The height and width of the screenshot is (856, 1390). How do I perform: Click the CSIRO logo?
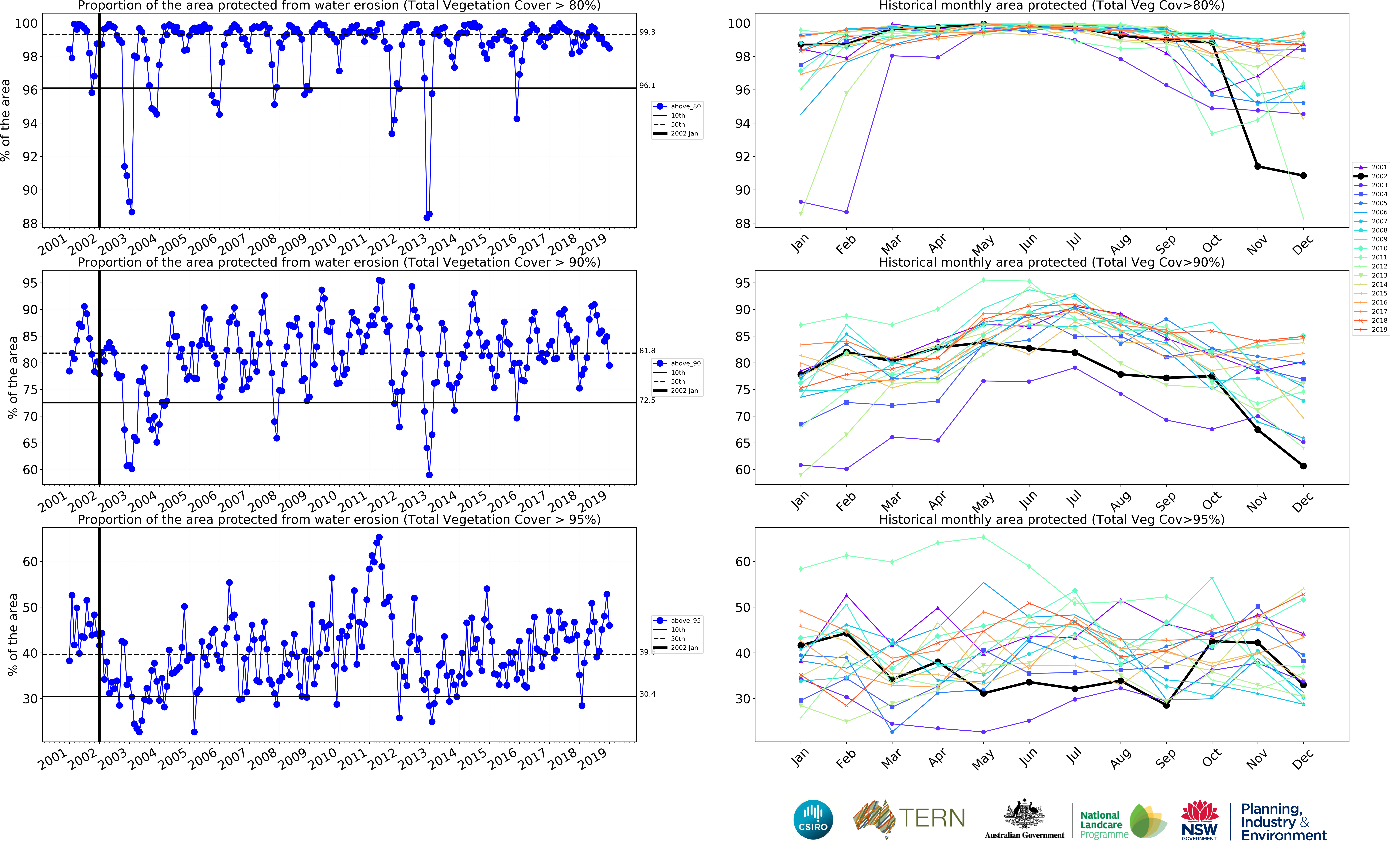(813, 819)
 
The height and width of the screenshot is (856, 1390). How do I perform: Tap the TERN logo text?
(932, 818)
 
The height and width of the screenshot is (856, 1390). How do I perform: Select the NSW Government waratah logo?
(1199, 819)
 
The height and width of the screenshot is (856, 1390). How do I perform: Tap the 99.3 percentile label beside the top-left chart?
(647, 32)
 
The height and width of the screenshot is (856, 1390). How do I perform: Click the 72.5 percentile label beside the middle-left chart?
(647, 400)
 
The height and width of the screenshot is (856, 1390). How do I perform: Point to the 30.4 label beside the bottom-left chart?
(647, 694)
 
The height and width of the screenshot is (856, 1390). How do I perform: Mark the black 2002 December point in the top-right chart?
(1303, 176)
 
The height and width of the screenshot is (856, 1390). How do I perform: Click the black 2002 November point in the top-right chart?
(1258, 166)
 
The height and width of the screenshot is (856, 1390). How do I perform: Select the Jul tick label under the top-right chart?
(1074, 242)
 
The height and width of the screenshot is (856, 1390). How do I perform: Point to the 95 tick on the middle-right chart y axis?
(742, 283)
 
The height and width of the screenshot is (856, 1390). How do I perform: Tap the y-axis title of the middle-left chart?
(12, 378)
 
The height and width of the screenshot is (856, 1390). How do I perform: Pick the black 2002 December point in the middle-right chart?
(1303, 466)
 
